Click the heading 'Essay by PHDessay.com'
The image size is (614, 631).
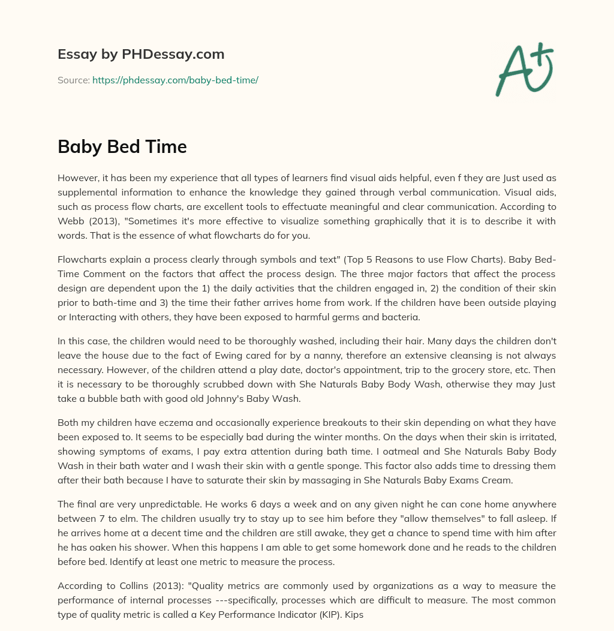141,55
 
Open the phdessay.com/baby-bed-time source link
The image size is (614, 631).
175,80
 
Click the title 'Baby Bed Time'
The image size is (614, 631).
122,147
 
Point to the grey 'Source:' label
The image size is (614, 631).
74,80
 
